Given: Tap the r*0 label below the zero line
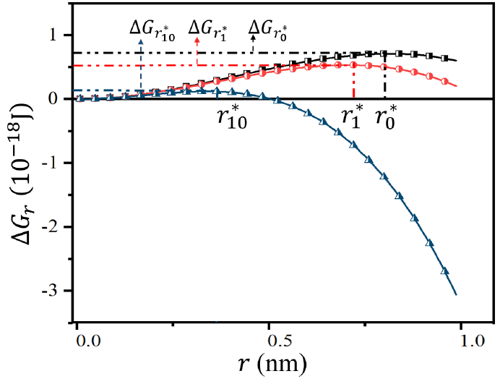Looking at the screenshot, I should click(x=389, y=116).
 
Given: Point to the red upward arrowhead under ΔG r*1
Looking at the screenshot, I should click(x=197, y=42).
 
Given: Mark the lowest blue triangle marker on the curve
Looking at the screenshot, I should click(x=444, y=271).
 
